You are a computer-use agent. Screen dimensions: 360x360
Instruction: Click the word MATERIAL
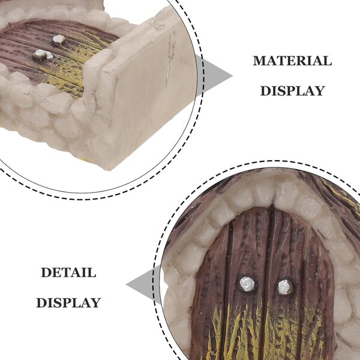point(292,61)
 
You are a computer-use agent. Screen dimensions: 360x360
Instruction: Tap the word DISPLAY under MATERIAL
point(292,91)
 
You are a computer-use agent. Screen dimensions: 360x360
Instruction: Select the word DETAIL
point(68,272)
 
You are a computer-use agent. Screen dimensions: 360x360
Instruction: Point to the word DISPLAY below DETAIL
point(68,302)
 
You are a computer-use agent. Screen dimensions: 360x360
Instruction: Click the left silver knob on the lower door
point(247,284)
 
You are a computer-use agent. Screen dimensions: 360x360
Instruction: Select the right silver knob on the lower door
point(284,287)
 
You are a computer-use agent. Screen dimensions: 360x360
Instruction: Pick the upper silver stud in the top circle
point(59,40)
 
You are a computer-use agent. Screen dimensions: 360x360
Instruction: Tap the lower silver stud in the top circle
point(43,55)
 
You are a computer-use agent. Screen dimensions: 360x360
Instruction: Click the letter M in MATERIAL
point(259,61)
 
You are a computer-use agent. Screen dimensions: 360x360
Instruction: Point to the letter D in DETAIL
point(46,272)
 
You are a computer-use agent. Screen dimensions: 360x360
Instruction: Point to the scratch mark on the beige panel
point(170,59)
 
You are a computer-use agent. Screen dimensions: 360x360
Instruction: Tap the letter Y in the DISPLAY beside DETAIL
point(96,302)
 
